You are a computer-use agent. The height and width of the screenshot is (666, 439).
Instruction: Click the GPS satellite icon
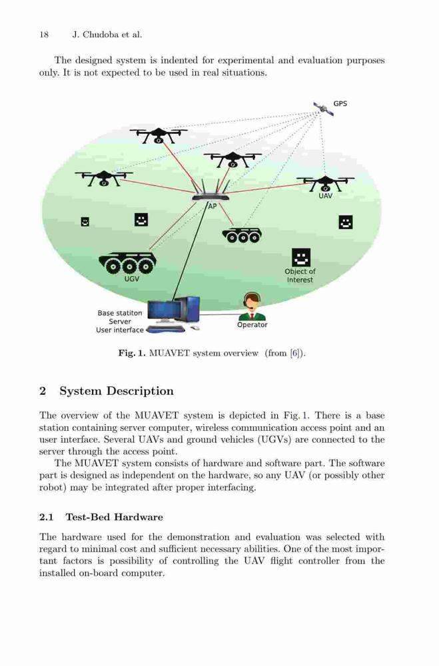point(323,109)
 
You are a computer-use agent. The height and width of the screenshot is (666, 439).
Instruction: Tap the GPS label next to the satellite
point(340,104)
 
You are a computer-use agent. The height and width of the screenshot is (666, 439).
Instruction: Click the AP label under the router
point(212,206)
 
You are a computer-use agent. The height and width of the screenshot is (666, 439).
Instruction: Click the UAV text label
point(326,196)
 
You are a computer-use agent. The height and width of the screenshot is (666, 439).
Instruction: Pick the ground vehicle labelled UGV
point(127,263)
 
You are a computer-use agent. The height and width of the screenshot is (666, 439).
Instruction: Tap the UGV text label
point(131,279)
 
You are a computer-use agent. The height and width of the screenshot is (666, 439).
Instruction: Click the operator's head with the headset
point(252,301)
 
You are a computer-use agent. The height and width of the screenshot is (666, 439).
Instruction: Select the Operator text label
point(252,325)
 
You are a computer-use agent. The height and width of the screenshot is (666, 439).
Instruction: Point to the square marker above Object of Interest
point(301,257)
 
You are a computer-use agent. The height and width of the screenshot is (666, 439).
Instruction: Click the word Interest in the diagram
point(300,280)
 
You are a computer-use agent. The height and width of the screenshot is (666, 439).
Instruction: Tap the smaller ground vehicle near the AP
point(242,235)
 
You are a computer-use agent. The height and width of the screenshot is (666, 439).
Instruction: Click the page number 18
point(44,35)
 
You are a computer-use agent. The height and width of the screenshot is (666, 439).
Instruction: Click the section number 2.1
point(47,517)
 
